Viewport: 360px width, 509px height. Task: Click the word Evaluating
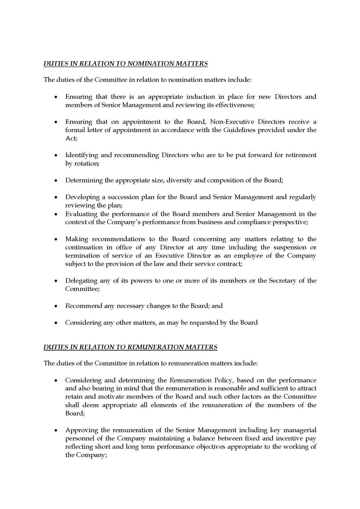click(82, 214)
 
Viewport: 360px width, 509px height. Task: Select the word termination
click(83, 256)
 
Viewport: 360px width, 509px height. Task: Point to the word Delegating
click(82, 281)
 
